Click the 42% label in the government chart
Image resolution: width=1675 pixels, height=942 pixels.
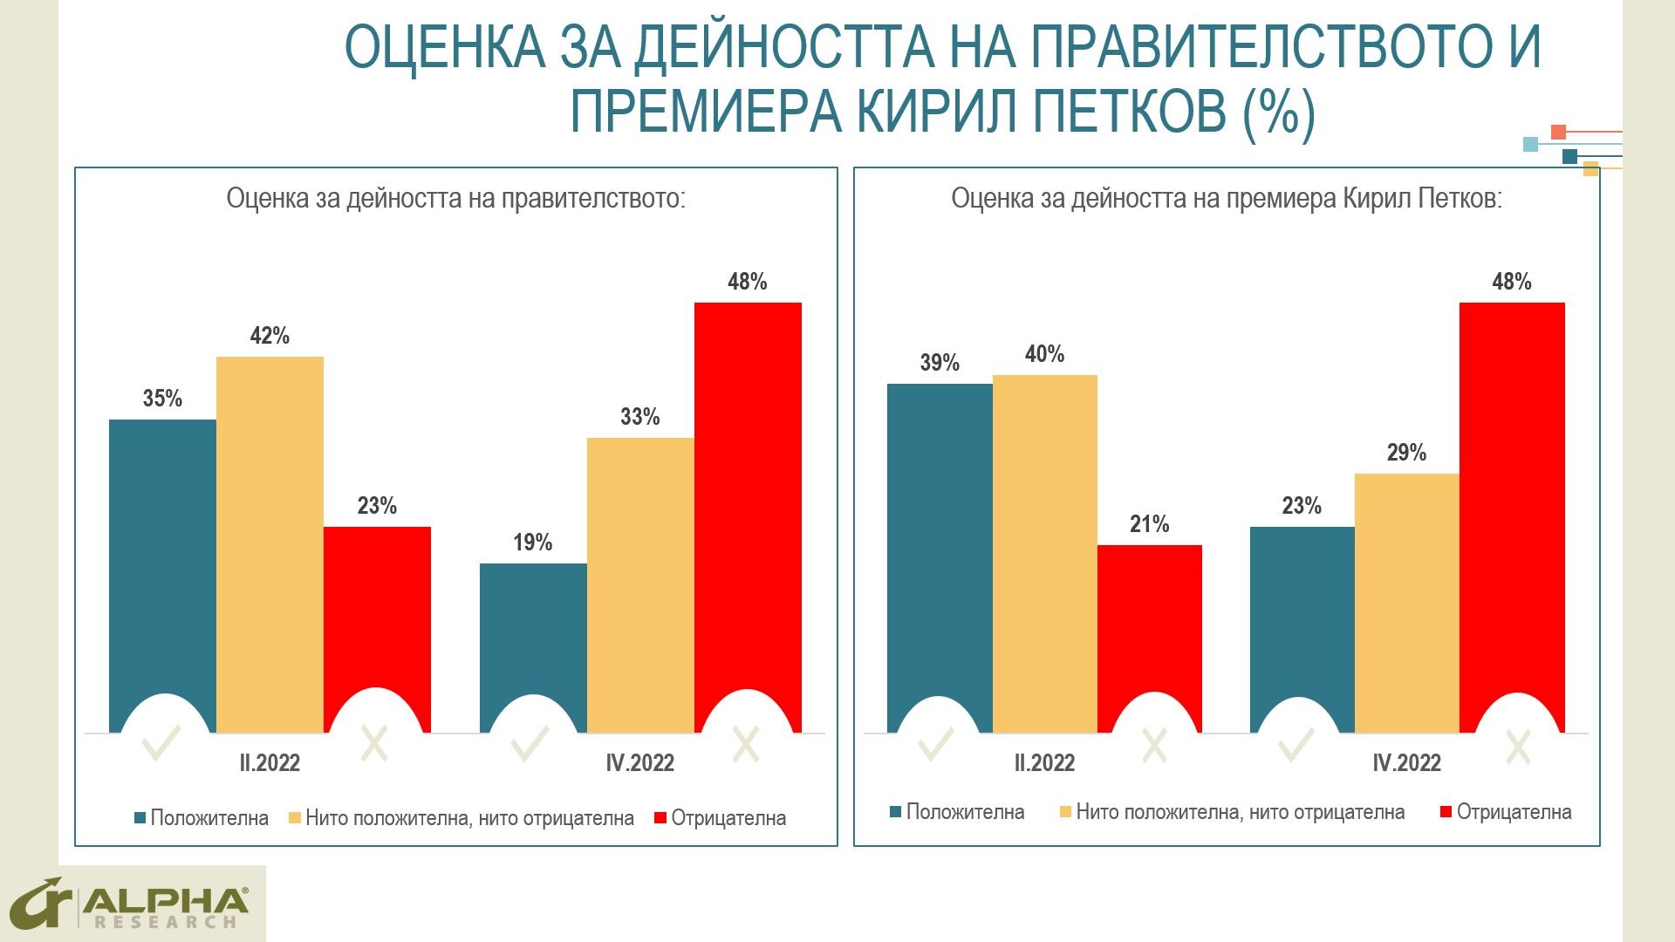pos(270,336)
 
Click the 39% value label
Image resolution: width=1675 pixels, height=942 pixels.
pos(940,363)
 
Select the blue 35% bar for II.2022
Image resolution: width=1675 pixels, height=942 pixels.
pos(162,558)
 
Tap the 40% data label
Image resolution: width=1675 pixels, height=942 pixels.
pos(1044,354)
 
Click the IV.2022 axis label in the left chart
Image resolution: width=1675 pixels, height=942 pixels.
pos(639,763)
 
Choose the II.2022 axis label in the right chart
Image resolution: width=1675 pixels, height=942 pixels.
pos(1044,763)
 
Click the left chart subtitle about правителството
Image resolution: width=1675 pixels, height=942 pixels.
pos(455,199)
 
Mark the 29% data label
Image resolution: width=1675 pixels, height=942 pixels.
pos(1406,453)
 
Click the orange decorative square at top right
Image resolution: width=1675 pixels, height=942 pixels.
pos(1558,133)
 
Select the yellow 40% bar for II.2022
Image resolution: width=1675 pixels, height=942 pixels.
pos(1044,549)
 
